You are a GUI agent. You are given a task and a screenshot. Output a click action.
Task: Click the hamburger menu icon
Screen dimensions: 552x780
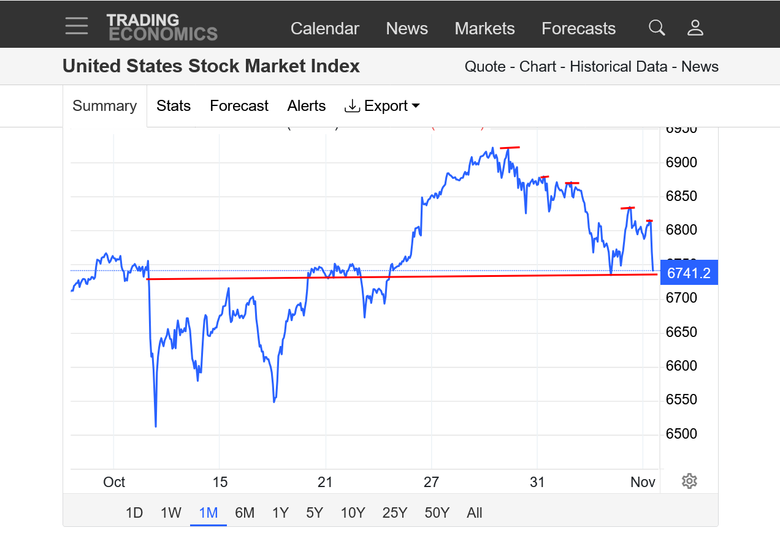(77, 26)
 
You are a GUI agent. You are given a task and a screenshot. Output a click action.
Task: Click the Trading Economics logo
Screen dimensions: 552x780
(162, 27)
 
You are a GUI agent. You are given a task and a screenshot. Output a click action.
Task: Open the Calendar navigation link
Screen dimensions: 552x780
(324, 29)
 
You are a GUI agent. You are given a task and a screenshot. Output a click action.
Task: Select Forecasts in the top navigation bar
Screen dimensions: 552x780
(578, 29)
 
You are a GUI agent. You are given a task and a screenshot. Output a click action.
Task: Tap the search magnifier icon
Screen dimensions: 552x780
(657, 28)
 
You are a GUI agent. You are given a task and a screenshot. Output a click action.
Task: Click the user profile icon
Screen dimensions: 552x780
(695, 28)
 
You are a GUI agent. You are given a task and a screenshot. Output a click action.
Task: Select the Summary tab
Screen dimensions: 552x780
(104, 106)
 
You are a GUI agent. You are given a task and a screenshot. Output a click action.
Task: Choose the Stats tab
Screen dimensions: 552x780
(174, 106)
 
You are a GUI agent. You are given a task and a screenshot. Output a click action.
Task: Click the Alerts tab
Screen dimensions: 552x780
(306, 106)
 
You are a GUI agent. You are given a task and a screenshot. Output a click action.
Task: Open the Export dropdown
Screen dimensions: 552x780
(383, 106)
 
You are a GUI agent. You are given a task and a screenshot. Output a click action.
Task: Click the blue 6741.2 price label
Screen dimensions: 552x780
(688, 273)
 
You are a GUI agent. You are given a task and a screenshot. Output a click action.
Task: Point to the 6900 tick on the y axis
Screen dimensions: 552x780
(682, 162)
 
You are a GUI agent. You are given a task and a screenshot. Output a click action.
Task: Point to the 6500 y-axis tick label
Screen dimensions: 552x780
(682, 434)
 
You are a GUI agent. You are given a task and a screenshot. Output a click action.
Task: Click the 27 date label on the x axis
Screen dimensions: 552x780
(431, 482)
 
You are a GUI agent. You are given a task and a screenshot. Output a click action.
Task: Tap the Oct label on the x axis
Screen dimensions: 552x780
(114, 482)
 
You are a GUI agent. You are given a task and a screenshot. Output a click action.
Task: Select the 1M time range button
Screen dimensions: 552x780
(208, 513)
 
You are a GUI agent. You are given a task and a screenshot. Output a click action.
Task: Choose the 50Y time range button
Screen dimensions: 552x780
(437, 513)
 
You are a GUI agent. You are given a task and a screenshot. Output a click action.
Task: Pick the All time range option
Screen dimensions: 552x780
(474, 513)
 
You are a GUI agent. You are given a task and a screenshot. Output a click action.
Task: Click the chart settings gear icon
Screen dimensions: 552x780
(689, 481)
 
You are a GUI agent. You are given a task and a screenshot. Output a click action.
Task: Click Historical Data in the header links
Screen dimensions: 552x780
(618, 67)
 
